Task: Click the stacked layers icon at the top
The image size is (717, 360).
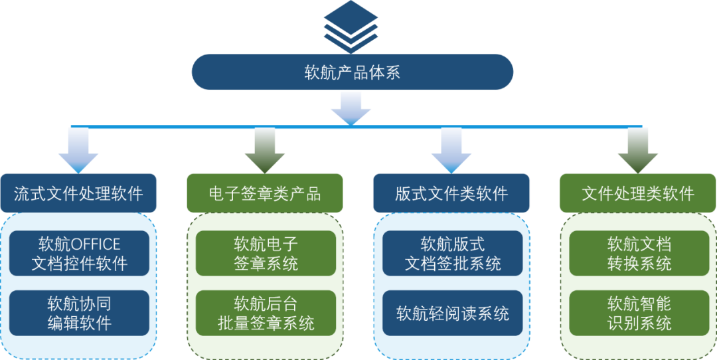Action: [x=351, y=27]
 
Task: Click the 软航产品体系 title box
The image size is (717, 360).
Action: [x=352, y=72]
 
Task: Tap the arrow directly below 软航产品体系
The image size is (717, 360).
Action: [x=351, y=108]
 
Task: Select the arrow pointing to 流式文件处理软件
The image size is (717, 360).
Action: [x=78, y=150]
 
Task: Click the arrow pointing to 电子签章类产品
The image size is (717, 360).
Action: [x=264, y=150]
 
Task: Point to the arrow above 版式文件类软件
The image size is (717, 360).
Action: [x=451, y=150]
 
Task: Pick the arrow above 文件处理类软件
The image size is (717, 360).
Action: [x=637, y=150]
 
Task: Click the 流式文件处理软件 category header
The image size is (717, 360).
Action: [x=78, y=193]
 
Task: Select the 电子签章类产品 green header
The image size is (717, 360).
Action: [x=264, y=193]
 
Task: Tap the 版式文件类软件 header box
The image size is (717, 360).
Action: [x=451, y=193]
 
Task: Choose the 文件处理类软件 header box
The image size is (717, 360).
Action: [x=637, y=193]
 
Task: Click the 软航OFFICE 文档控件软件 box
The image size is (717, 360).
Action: [x=79, y=253]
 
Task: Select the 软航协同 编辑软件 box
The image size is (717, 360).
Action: [x=79, y=313]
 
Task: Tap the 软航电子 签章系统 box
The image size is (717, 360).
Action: [x=266, y=253]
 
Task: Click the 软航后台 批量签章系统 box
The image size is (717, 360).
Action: [x=266, y=313]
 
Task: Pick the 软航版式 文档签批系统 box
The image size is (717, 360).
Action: [x=452, y=253]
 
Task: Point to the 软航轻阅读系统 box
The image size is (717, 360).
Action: [x=452, y=313]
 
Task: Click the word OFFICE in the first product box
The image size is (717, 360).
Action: [x=96, y=244]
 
